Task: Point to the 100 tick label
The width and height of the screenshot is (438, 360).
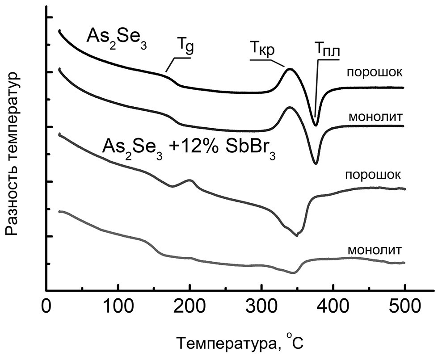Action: [x=118, y=309]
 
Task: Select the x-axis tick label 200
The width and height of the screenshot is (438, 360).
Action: [x=190, y=309]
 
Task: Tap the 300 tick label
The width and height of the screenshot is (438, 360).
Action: [x=261, y=309]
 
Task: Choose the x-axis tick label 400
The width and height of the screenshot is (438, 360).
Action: [x=333, y=309]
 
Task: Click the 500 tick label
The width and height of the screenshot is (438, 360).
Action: [x=404, y=309]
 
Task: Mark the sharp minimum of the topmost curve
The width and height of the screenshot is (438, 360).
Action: [x=316, y=126]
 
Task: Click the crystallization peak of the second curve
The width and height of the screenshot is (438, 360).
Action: [x=289, y=107]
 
